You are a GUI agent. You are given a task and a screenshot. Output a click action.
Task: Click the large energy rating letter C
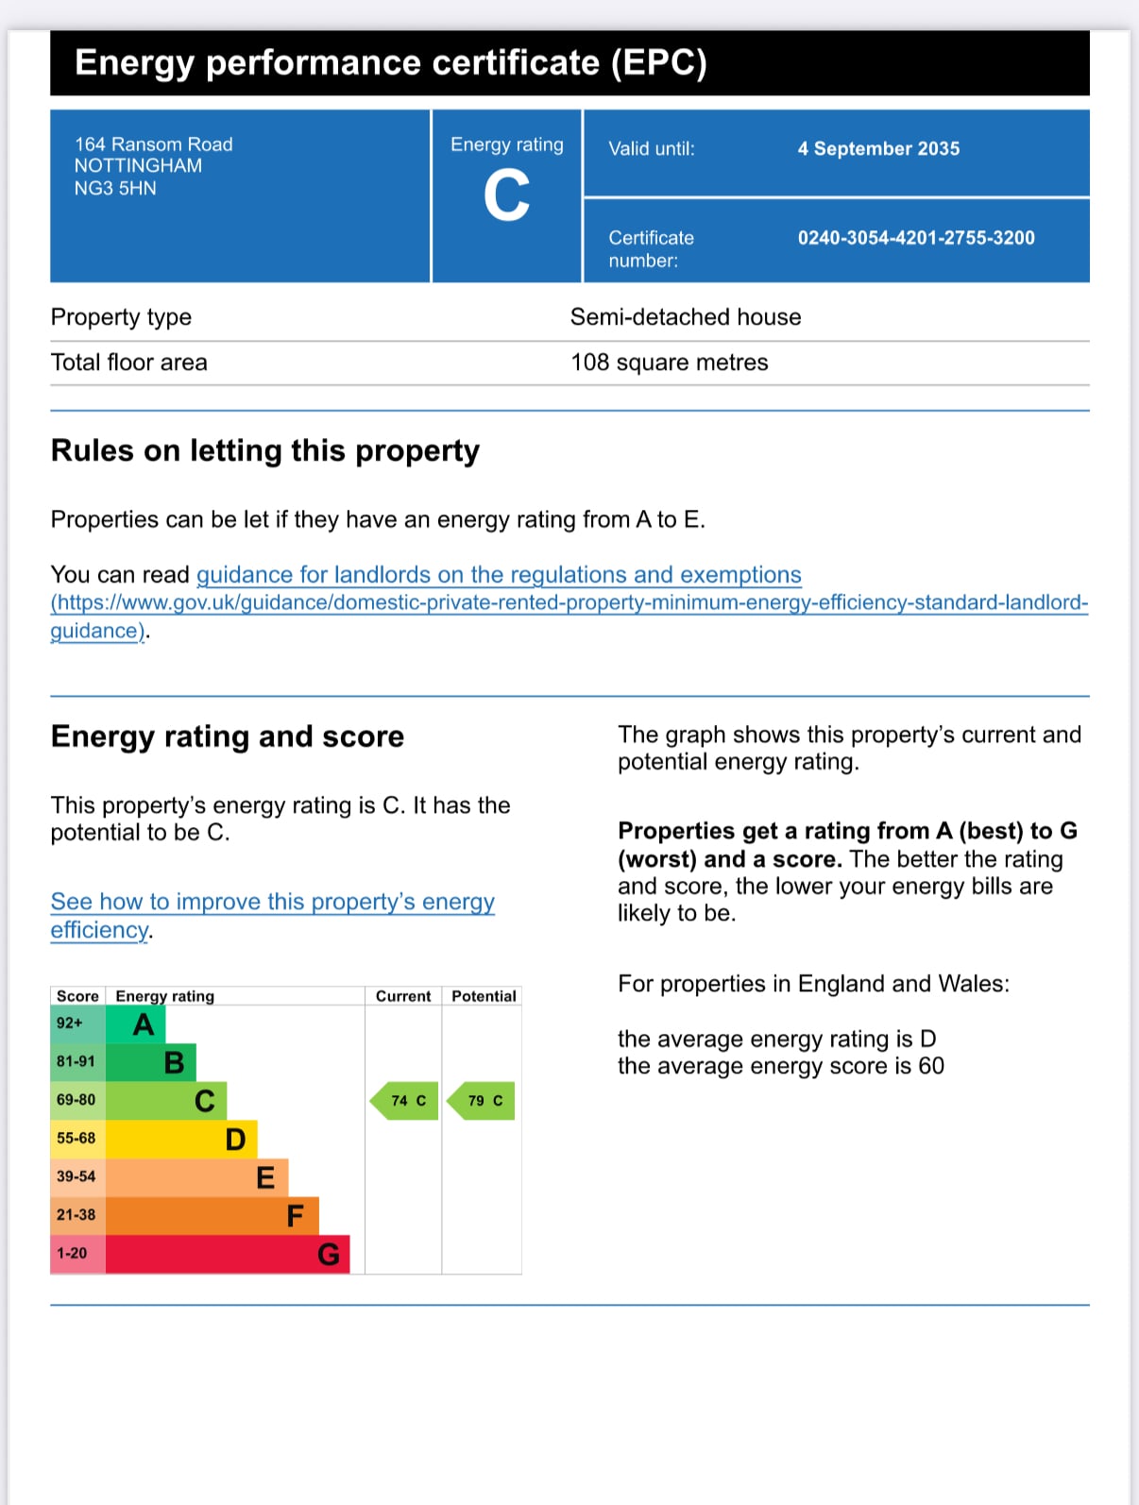506,196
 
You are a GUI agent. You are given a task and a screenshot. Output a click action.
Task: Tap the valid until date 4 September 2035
878,148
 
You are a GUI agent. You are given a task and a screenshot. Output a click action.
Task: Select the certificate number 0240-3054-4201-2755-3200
916,238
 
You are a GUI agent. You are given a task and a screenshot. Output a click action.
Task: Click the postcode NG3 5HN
115,188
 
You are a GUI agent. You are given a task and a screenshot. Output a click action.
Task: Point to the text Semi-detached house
686,317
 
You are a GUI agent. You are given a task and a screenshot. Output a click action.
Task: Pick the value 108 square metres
670,363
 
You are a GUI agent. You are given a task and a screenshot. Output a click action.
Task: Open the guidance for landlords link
499,575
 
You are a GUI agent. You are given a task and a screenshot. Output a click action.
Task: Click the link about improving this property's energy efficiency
272,903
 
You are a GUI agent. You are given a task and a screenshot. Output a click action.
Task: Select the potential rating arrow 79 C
483,1101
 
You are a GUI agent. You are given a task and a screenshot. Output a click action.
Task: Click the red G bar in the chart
227,1254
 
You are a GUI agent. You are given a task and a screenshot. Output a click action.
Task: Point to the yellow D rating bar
180,1139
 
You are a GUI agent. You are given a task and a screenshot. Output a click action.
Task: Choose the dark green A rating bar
136,1024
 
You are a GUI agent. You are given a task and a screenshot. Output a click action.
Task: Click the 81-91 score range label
76,1062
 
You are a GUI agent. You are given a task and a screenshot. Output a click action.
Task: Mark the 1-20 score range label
72,1254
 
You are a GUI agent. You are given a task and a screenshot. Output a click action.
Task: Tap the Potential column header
484,996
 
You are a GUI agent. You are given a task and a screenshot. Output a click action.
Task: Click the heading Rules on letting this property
265,451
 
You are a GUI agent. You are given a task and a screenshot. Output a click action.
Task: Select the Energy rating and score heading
228,736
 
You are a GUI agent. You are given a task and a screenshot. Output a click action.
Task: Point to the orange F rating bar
212,1215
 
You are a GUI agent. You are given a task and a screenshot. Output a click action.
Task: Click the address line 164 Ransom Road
154,144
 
